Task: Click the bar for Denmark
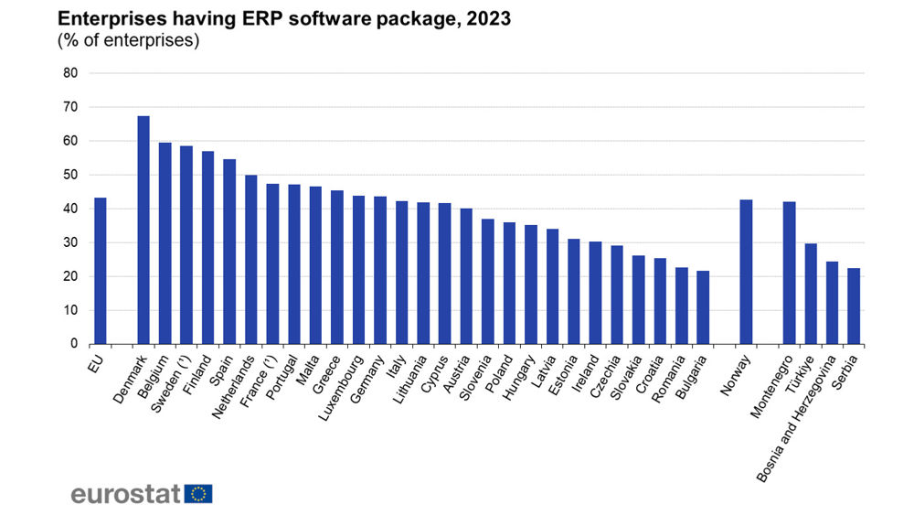click(x=143, y=231)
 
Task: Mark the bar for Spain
click(x=229, y=252)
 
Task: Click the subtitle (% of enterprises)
click(x=129, y=40)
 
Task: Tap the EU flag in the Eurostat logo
click(x=198, y=494)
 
